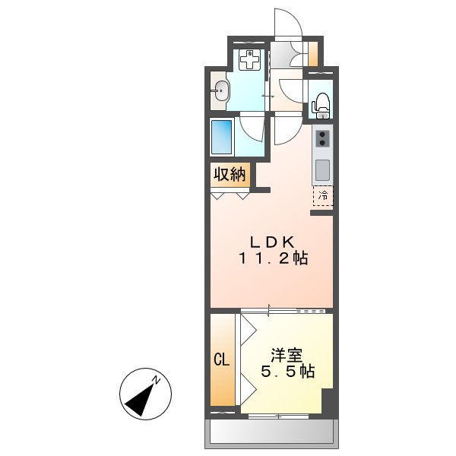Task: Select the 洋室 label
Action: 287,356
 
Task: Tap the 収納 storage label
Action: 228,175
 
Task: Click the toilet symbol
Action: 321,104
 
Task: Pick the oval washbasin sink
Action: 220,92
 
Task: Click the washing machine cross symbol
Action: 249,59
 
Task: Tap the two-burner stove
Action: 323,138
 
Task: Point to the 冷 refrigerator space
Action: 322,195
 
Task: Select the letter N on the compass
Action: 155,379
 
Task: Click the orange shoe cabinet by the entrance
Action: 313,55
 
